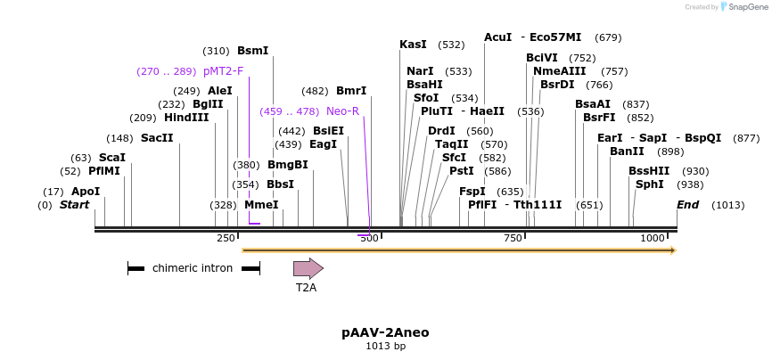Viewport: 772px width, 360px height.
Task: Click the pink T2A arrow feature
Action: click(308, 268)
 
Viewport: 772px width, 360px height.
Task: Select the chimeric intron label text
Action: click(193, 268)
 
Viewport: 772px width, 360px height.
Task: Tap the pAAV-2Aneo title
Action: click(385, 332)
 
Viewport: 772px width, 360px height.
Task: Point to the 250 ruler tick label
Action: click(226, 238)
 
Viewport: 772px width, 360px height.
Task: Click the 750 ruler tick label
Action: click(513, 238)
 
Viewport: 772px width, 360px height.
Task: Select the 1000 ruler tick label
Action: click(653, 238)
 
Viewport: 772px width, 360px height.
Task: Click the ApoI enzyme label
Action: click(86, 192)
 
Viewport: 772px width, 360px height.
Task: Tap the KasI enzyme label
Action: click(413, 45)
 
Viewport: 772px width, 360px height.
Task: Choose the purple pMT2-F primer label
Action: click(223, 71)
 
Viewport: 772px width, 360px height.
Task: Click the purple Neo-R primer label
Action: click(342, 111)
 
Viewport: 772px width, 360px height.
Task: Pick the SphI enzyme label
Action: click(649, 184)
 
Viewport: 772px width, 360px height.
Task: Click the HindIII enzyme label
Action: click(186, 118)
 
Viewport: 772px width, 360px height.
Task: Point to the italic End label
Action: click(687, 205)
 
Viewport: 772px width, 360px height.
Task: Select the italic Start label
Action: click(75, 205)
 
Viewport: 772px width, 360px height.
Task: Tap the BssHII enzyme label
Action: click(649, 171)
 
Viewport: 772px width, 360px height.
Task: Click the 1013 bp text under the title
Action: click(385, 346)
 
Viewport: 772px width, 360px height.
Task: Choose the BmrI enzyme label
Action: click(350, 91)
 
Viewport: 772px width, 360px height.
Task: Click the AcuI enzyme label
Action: click(497, 37)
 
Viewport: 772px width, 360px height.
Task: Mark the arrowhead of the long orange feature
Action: click(673, 250)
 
